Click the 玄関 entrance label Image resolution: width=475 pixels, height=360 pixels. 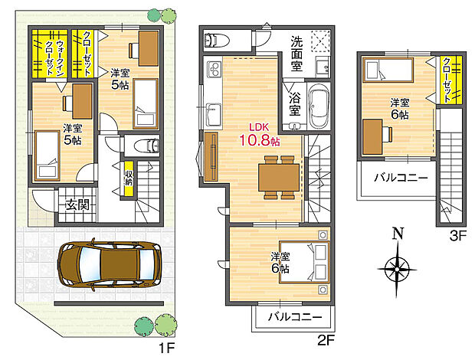click(77, 205)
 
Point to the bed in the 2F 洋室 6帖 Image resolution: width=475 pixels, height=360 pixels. click(305, 260)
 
